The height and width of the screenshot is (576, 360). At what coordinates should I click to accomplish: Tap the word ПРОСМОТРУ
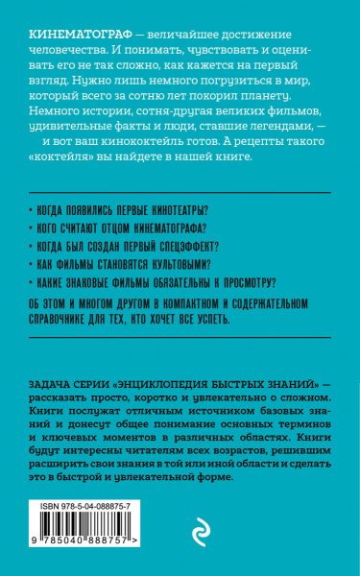pos(243,281)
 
